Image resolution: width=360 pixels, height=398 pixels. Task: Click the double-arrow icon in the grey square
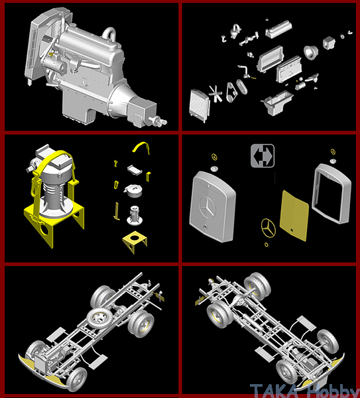(x=263, y=156)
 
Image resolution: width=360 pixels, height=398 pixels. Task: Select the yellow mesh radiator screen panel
(x=294, y=216)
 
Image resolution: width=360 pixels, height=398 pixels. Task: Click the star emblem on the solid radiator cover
(x=208, y=207)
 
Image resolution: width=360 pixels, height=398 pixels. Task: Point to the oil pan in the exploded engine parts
(x=278, y=103)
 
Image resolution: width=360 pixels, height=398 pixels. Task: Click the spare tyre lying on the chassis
(x=99, y=318)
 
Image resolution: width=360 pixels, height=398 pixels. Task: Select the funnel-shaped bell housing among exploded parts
(x=311, y=52)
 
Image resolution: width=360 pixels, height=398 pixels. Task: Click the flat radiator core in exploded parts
(x=200, y=105)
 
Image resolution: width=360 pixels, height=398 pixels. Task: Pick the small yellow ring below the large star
(x=266, y=245)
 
